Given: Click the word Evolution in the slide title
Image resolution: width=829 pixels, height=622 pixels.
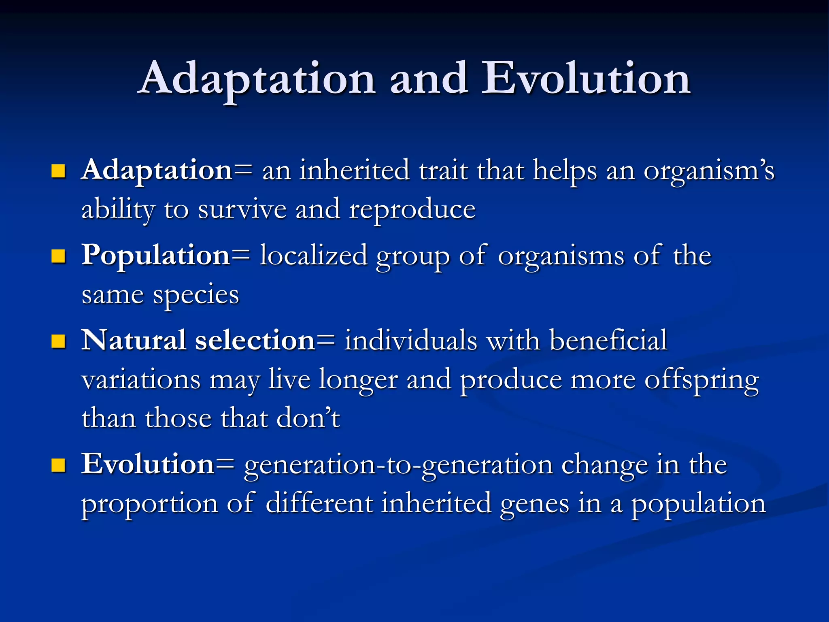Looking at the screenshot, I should [x=585, y=79].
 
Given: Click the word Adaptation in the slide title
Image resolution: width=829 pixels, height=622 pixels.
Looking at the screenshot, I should [x=257, y=79].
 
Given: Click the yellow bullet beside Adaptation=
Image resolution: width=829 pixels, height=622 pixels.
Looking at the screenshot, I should [x=59, y=171].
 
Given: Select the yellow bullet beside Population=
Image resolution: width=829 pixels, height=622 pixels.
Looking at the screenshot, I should [x=59, y=256].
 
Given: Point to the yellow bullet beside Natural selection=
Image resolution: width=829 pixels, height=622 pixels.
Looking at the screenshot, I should [x=59, y=341].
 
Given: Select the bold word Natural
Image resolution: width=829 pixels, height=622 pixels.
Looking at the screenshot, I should [x=134, y=340].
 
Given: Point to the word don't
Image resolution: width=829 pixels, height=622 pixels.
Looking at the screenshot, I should [x=308, y=418].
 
